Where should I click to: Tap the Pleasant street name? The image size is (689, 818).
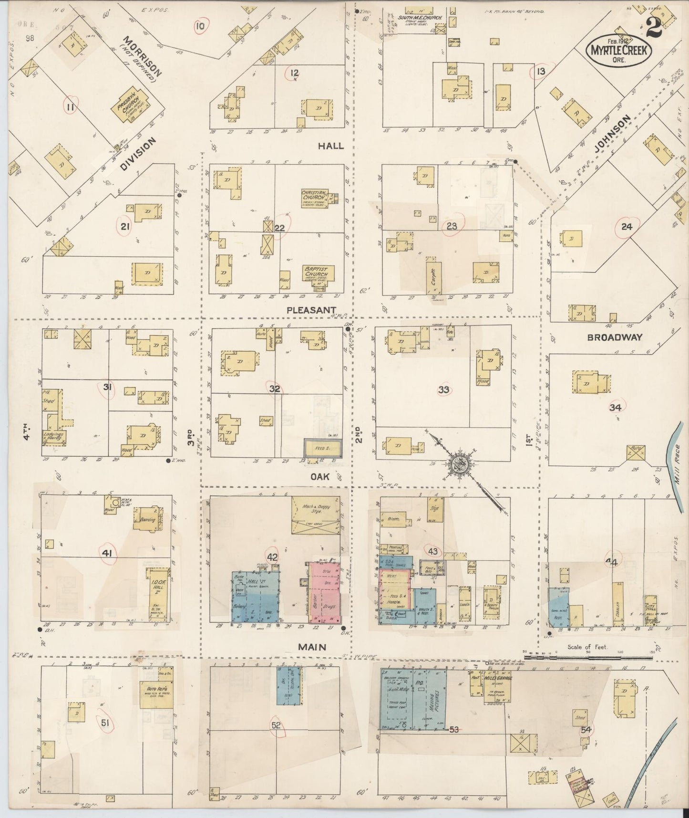tap(312, 310)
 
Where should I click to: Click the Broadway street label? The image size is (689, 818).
tap(615, 337)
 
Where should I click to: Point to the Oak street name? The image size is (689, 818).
tap(320, 476)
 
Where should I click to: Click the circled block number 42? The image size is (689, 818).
tap(272, 556)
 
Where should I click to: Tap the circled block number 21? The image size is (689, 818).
tap(125, 226)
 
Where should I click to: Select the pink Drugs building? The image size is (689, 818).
tap(325, 593)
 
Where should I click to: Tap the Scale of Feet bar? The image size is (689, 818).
tap(586, 658)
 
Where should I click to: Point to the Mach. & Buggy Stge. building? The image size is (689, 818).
tap(315, 514)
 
